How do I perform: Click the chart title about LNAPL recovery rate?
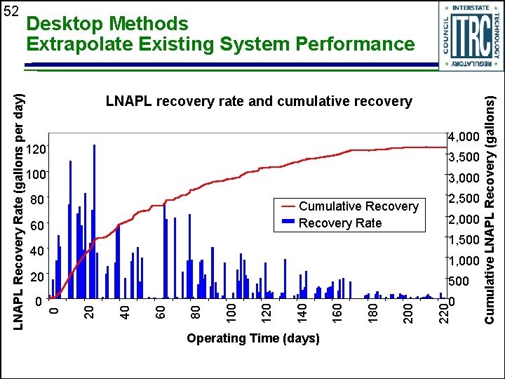(259, 101)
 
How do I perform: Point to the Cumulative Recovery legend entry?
(358, 206)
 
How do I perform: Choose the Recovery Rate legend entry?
(339, 223)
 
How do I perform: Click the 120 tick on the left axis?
(36, 149)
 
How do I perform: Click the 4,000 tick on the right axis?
(463, 136)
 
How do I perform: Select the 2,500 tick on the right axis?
(463, 199)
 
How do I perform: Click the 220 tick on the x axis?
(443, 312)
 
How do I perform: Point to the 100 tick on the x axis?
(231, 312)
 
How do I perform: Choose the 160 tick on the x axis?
(337, 312)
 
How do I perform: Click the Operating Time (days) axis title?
(252, 339)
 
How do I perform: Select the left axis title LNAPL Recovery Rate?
(21, 202)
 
